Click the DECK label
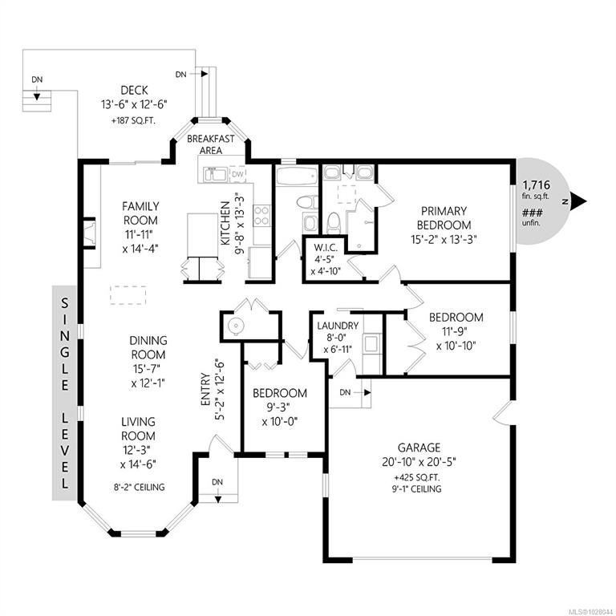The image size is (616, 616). [135, 91]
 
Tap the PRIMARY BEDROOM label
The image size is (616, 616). [444, 218]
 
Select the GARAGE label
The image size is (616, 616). [419, 448]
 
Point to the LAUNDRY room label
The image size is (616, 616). [338, 326]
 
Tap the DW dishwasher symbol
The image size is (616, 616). [237, 173]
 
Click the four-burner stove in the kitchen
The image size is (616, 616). [261, 216]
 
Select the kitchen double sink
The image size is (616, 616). [214, 174]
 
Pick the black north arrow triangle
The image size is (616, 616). [578, 201]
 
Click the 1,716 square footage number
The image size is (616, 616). [537, 184]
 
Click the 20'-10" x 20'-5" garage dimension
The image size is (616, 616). [419, 462]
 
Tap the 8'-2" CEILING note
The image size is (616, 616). [139, 487]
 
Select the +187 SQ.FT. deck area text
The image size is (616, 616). [134, 121]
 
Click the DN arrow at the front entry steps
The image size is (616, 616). [217, 499]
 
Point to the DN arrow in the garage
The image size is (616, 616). [367, 392]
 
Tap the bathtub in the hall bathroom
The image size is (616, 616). [297, 176]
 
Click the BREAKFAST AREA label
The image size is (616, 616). [211, 144]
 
